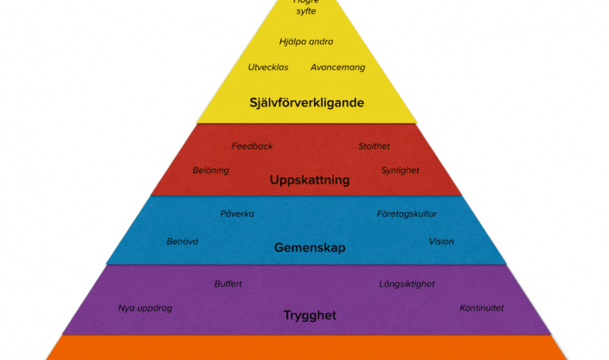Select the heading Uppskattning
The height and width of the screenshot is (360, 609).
coord(310,181)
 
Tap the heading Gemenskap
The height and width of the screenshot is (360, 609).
coord(310,247)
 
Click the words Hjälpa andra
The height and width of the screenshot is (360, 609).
coord(306,42)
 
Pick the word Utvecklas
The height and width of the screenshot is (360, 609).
coord(268,67)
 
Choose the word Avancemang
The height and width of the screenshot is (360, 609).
coord(338,67)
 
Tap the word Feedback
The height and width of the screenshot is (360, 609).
coord(252,146)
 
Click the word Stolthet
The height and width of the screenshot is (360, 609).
coord(375,146)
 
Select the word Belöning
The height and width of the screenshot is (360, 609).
coord(211,170)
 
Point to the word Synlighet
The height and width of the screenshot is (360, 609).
coord(401,170)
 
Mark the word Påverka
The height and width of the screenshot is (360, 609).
coord(237,214)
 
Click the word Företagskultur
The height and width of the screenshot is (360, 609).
coord(407,214)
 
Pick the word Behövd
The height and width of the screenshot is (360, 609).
coord(183,241)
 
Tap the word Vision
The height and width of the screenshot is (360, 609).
coord(441,241)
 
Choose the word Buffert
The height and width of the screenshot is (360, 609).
coord(228,284)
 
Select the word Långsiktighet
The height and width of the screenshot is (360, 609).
coord(407,284)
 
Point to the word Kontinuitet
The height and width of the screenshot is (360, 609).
coord(482,308)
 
